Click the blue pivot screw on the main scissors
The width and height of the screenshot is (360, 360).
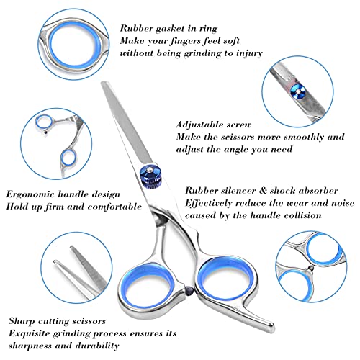[151, 176]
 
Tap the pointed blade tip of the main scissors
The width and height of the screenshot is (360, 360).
[104, 83]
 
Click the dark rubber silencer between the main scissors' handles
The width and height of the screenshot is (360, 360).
[189, 290]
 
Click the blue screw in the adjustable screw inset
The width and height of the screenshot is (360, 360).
[297, 91]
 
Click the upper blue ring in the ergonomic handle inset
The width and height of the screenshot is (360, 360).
[44, 122]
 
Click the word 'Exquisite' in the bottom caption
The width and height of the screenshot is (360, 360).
[30, 334]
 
